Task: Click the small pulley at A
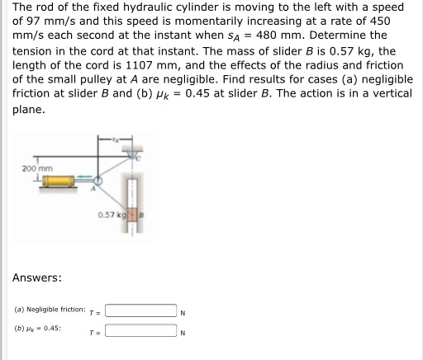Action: click(x=99, y=180)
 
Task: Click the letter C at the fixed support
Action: click(x=139, y=156)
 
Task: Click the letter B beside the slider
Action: click(x=141, y=216)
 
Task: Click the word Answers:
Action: click(x=36, y=277)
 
